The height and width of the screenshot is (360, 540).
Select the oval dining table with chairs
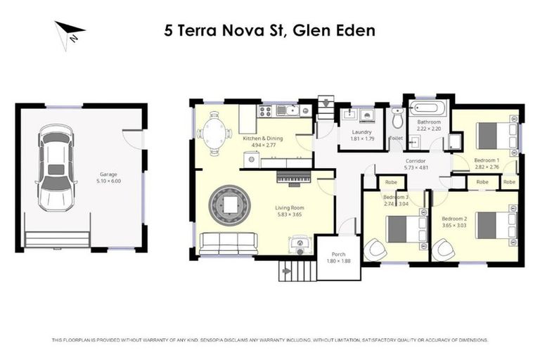coord(214,131)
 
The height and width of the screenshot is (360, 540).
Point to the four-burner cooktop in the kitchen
coord(266,110)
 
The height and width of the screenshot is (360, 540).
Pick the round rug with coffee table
coord(231,205)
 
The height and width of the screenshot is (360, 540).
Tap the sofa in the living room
coord(229,243)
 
